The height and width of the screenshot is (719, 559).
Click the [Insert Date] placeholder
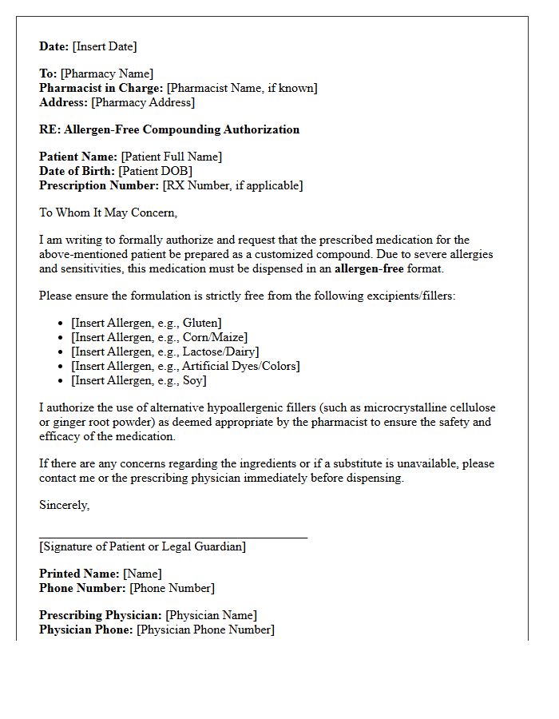[105, 46]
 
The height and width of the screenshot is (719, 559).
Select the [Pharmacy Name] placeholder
[107, 73]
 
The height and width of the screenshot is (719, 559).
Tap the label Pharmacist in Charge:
[101, 88]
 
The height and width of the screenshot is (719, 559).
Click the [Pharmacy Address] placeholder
[143, 102]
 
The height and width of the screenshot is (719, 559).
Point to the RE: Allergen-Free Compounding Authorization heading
[169, 129]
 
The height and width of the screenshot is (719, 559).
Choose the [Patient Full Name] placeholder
[172, 157]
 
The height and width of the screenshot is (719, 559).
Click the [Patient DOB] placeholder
[155, 171]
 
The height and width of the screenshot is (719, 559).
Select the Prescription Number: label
[99, 185]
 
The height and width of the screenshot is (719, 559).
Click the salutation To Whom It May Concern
[108, 213]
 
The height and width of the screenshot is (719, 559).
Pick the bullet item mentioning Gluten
[146, 323]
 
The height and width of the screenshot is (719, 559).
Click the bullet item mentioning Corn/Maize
[159, 337]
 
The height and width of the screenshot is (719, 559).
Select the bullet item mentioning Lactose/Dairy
[165, 352]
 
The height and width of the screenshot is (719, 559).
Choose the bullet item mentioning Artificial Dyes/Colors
[185, 366]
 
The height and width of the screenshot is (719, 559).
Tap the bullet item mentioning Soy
[138, 380]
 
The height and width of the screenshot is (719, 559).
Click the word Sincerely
[65, 505]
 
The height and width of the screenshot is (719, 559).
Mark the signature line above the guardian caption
[173, 538]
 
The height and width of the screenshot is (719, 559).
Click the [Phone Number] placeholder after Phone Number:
[172, 588]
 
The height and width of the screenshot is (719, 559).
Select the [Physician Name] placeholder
[211, 615]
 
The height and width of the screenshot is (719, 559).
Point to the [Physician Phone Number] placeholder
[205, 630]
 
